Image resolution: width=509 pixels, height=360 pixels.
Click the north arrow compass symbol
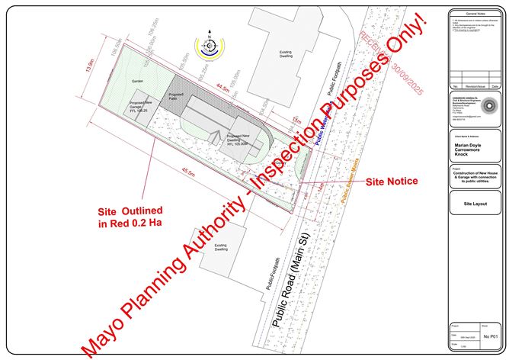[209, 47]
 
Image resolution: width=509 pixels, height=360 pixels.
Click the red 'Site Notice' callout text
[392, 182]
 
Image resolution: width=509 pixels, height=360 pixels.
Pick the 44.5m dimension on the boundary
[222, 88]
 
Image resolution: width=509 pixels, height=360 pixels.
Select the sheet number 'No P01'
[491, 335]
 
